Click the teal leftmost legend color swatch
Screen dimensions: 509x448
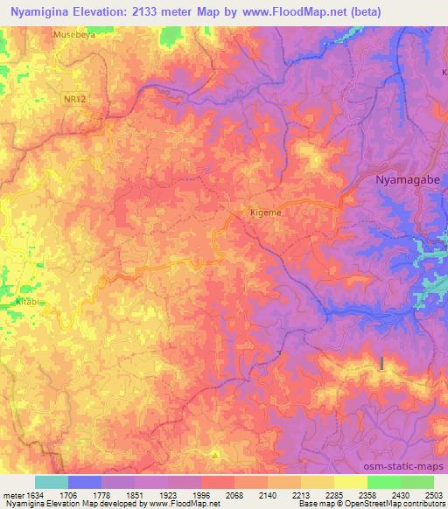coord(52,482)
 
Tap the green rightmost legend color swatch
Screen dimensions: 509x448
coord(416,482)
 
